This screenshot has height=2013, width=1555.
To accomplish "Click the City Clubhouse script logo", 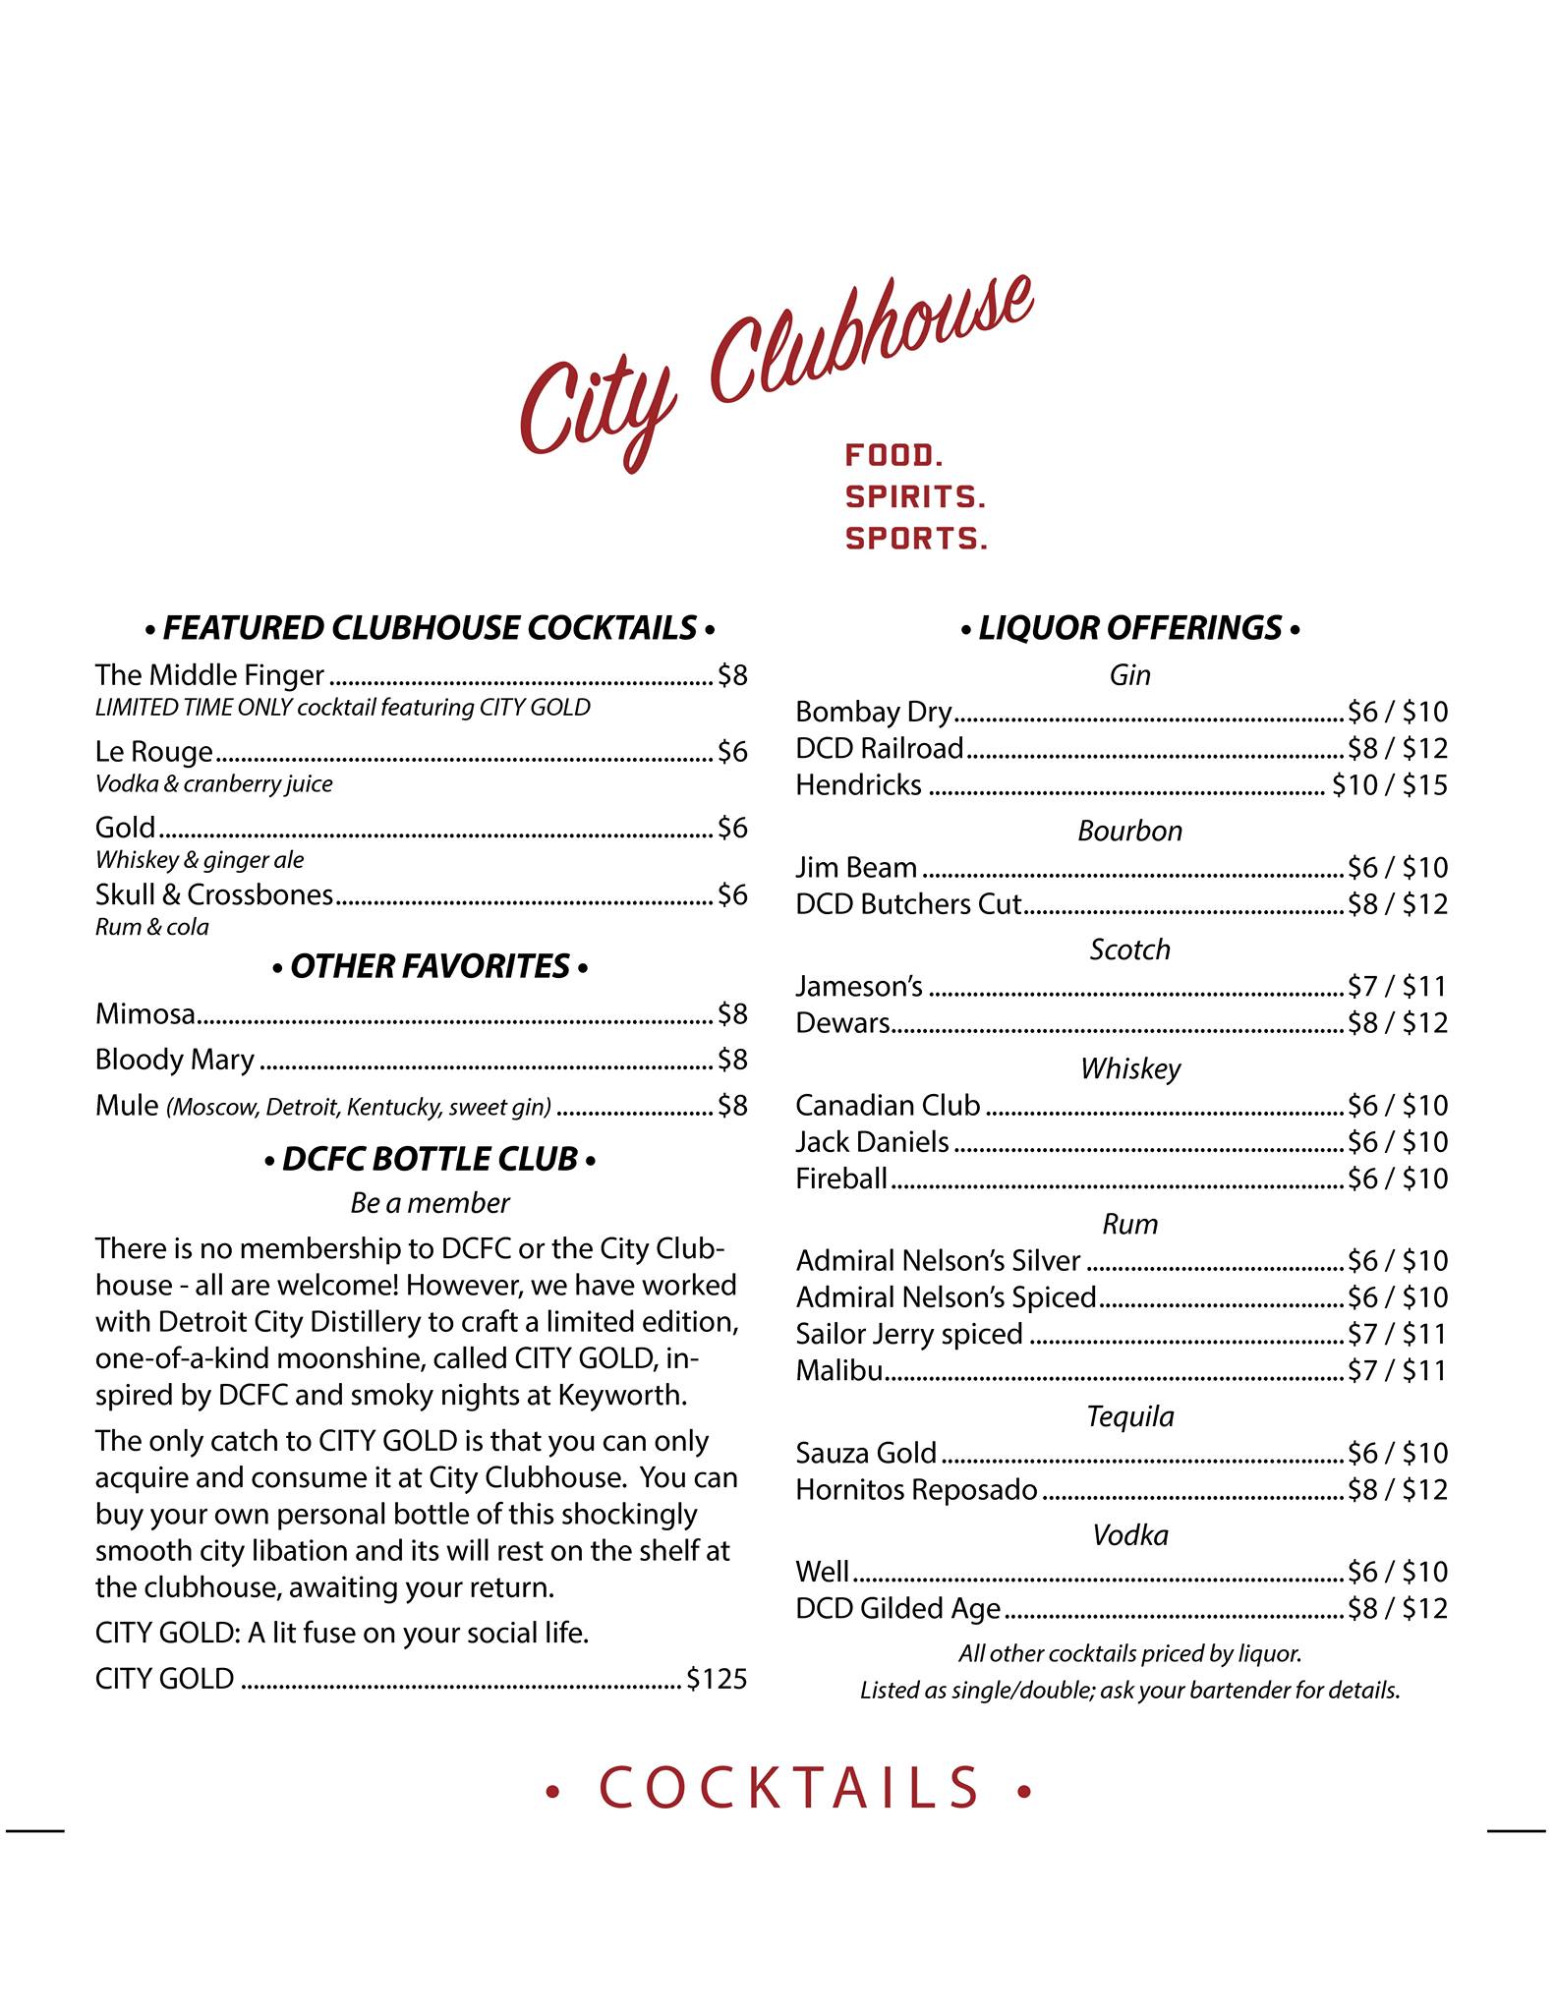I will coord(777,374).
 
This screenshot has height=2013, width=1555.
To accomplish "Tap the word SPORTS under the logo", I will coord(916,539).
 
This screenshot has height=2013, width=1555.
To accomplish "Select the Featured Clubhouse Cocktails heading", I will coord(430,627).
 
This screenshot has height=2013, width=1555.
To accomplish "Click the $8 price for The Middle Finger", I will coord(732,675).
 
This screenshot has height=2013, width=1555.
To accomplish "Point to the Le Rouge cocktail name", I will coord(153,752).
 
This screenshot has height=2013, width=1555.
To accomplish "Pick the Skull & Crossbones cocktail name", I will coord(213,894).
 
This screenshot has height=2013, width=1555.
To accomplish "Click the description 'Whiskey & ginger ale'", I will coord(200,860).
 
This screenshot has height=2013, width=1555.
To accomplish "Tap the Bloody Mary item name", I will coord(174,1060).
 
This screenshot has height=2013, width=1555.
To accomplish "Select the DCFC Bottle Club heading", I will coord(430,1160).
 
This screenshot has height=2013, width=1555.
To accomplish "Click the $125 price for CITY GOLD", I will coord(717,1678).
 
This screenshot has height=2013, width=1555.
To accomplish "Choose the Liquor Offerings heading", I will coord(1130,627).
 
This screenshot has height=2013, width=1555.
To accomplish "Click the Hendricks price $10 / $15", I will coord(1389,785).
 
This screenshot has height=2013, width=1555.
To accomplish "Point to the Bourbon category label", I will coord(1129,832).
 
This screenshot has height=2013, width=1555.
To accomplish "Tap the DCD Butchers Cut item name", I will coord(908,904).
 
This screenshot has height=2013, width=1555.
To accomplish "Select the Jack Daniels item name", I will coord(872,1142).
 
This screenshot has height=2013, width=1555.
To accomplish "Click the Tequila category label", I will coord(1129,1416).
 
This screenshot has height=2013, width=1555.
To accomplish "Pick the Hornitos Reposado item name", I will coord(916,1490).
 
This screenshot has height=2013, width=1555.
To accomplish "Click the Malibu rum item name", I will coord(838,1370).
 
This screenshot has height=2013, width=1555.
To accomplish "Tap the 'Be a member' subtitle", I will coord(430,1203).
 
